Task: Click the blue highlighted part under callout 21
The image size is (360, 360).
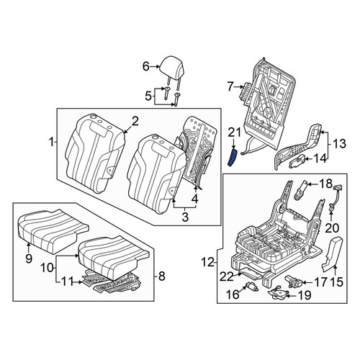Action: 233,158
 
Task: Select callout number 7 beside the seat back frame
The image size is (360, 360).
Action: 230,87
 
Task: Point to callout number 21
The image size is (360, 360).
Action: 234,133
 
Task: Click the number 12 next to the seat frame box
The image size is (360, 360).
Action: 208,263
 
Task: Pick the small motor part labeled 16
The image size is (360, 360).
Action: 252,287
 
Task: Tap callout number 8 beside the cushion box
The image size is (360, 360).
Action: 162,276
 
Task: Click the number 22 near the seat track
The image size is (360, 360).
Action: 227,277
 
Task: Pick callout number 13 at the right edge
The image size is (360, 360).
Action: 339,143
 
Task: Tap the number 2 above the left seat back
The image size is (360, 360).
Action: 135,122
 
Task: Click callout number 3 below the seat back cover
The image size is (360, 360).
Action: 185,217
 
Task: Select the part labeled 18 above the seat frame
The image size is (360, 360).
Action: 300,189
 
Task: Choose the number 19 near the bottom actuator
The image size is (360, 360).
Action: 304,295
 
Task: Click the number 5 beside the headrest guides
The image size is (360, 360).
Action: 148,96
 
